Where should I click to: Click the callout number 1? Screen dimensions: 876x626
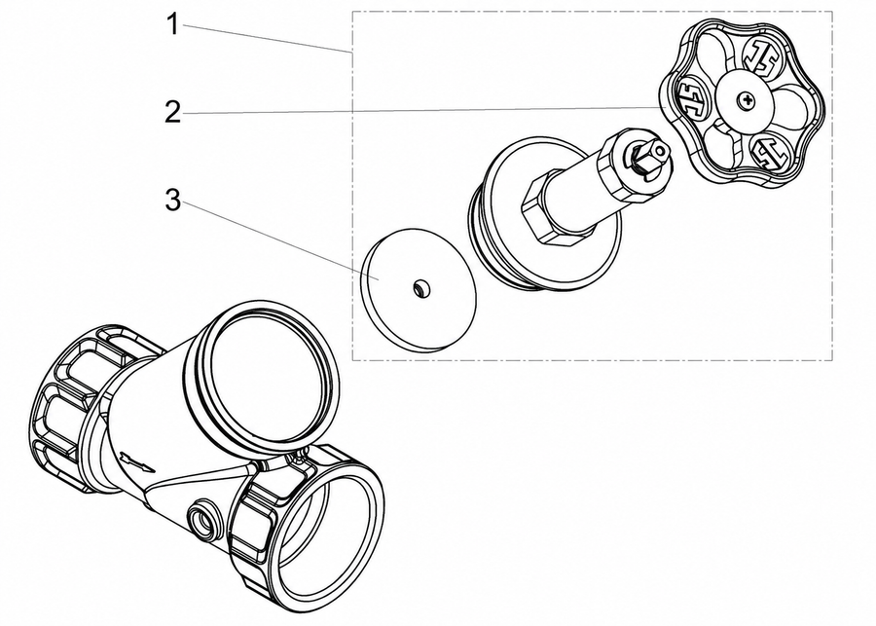coord(174,24)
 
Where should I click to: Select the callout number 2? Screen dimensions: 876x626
coord(173,112)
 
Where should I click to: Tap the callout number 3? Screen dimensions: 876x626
coord(173,201)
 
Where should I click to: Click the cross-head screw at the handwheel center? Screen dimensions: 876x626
coord(746,101)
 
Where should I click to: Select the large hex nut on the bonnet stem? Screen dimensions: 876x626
coord(549,208)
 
